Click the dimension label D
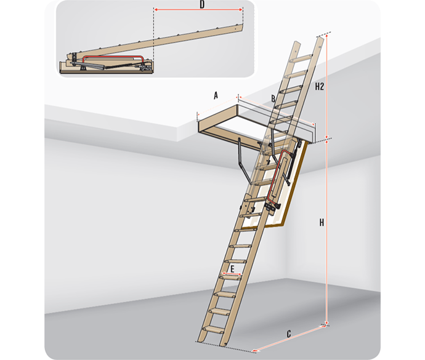pos(202,4)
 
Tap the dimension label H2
pos(319,86)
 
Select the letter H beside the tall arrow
pos(322,223)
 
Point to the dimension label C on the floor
pos(289,334)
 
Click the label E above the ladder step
pos(232,269)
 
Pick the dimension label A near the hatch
pos(216,95)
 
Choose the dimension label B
pos(273,98)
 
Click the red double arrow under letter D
pos(198,9)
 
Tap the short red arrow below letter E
pos(232,274)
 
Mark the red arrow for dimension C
pos(289,338)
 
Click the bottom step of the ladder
pos(214,330)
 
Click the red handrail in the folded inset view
pos(113,57)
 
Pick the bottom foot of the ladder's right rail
pos(224,344)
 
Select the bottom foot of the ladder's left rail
pos(201,340)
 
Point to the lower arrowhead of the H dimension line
pos(327,323)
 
